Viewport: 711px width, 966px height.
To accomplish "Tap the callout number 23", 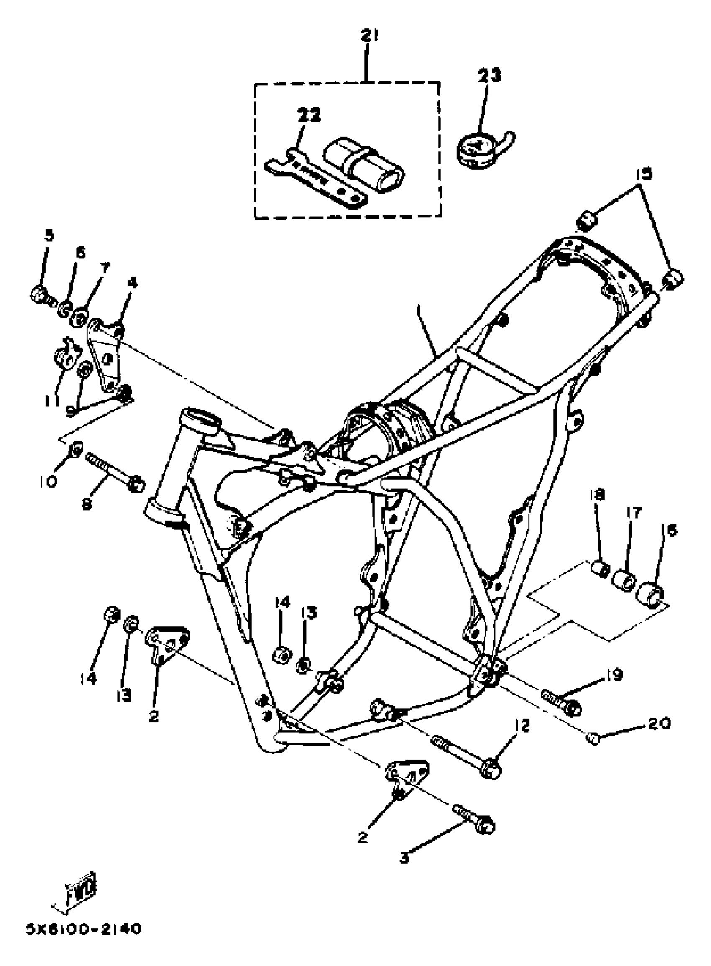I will (x=489, y=76).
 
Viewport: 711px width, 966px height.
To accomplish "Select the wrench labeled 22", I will (x=316, y=182).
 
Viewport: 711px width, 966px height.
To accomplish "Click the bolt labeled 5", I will (x=41, y=295).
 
